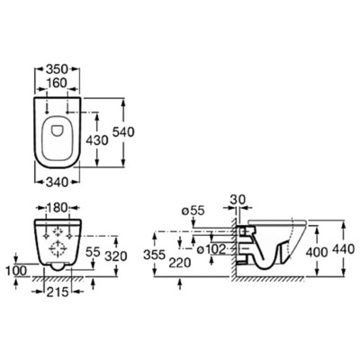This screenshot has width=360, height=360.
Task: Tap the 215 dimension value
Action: (x=59, y=292)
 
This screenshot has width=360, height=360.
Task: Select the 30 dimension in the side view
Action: (x=237, y=200)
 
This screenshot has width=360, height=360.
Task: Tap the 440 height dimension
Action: (x=344, y=247)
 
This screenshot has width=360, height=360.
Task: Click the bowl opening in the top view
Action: (x=58, y=126)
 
